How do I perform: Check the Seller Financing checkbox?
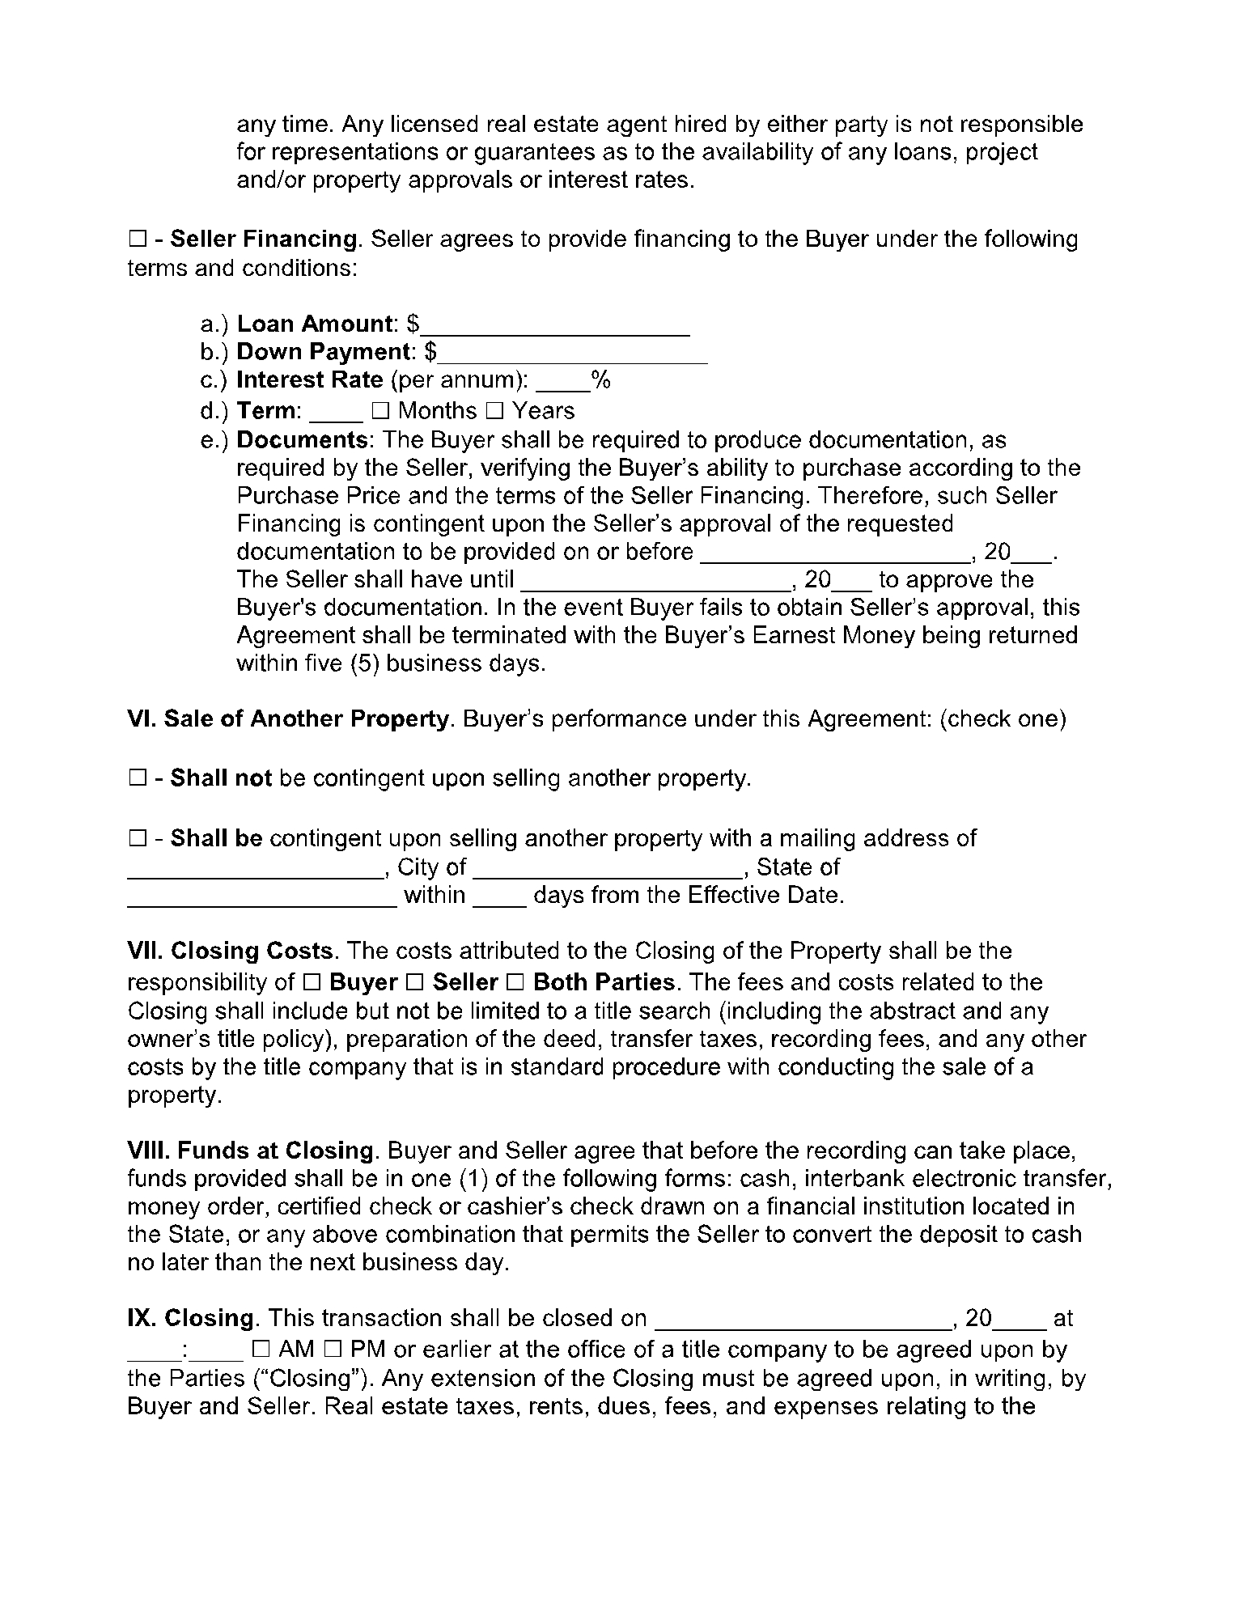click(136, 240)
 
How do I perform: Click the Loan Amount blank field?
click(556, 326)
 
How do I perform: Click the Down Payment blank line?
click(573, 354)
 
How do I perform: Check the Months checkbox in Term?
click(380, 412)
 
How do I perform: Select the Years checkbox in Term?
click(494, 412)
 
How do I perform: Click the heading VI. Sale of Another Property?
click(289, 719)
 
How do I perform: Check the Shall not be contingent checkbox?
click(136, 779)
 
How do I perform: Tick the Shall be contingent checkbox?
click(136, 839)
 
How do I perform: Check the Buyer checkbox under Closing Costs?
click(313, 983)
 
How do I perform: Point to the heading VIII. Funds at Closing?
click(251, 1151)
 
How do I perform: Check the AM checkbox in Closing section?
click(261, 1350)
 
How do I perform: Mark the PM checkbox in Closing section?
click(333, 1350)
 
